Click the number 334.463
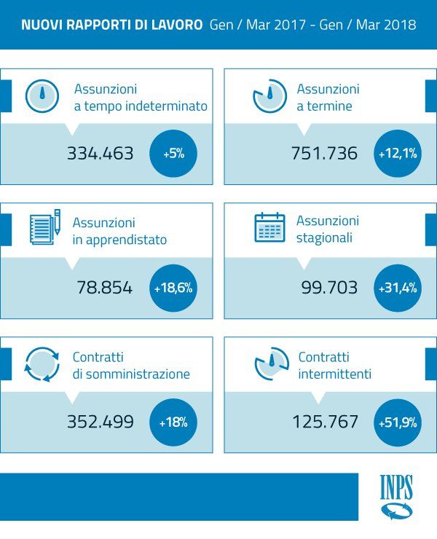pos(101,154)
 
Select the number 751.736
pos(324,154)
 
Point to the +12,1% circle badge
pos(398,154)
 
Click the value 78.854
pos(105,288)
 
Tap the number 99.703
pos(329,288)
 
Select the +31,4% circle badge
pos(398,288)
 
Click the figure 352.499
pos(101,421)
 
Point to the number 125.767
pos(325,421)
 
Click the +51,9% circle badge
pos(398,421)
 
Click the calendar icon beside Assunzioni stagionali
pos(269,228)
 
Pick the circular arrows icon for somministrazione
pos(42,363)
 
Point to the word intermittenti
pos(335,374)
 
